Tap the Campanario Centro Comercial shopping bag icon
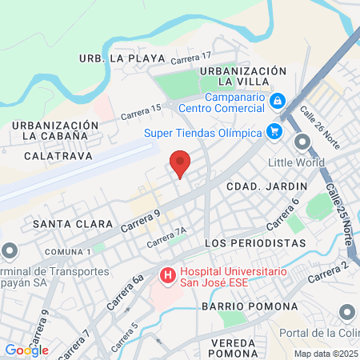pos(277,101)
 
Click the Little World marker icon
pos(302,143)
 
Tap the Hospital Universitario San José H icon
pos(168,277)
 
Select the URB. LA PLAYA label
pos(122,58)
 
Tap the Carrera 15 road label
pos(141,113)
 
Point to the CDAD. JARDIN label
pos(256,186)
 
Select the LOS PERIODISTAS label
pos(255,242)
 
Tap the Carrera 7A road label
pos(166,236)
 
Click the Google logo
pos(26,350)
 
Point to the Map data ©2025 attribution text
pos(325,354)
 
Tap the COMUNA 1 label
pos(67,252)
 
